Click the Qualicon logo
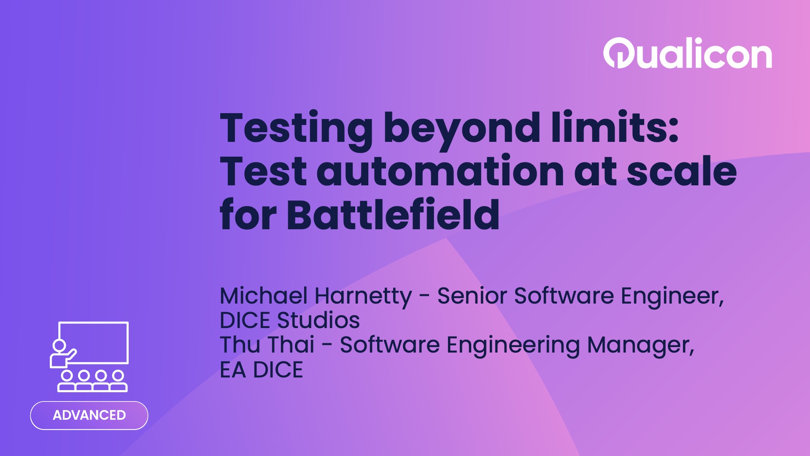coord(688,54)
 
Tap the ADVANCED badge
coord(89,415)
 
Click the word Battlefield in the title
coord(393,215)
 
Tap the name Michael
coord(263,296)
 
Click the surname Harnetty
coord(363,296)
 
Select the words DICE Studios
coord(290,320)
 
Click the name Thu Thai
coord(267,345)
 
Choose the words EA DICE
coord(261,370)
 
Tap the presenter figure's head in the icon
coord(59,345)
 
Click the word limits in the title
coord(615,128)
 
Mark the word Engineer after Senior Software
coord(672,296)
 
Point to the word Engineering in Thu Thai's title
coord(513,345)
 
